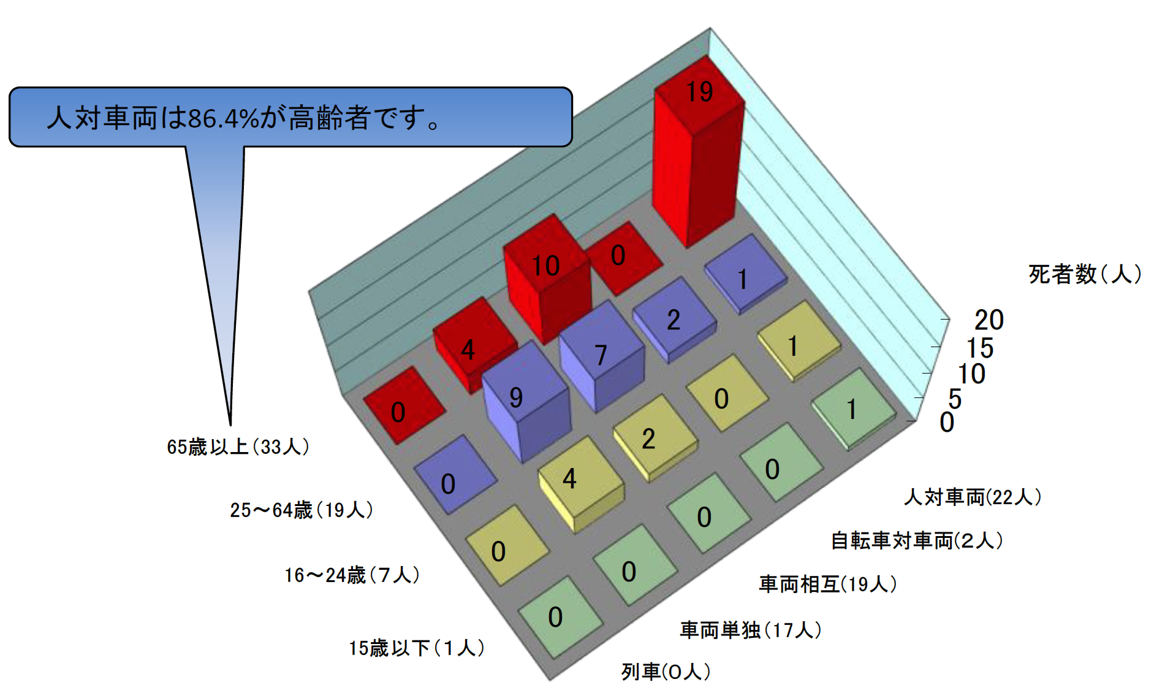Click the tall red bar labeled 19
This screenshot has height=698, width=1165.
[699, 153]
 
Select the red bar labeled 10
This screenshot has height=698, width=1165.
[547, 279]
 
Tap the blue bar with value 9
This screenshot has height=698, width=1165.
[526, 402]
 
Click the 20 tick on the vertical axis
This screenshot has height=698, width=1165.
[989, 320]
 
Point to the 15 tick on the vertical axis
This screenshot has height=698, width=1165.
[980, 348]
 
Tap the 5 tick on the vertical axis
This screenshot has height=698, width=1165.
[955, 399]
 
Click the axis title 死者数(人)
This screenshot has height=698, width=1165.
[1085, 274]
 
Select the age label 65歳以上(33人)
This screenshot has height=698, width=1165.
[238, 447]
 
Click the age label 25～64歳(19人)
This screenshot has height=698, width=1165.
[302, 510]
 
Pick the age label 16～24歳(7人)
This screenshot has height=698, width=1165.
[352, 575]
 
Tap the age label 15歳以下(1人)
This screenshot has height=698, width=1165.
[417, 648]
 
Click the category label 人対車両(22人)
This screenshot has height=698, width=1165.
[973, 496]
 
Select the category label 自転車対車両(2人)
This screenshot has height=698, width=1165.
[917, 540]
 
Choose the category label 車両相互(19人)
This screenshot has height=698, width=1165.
[828, 583]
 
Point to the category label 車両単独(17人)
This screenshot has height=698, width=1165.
[751, 629]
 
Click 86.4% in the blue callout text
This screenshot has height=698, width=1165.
[223, 118]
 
